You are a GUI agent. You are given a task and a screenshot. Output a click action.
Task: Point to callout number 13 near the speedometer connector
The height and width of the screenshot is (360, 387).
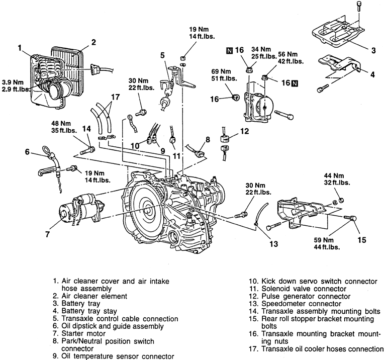click(x=272, y=244)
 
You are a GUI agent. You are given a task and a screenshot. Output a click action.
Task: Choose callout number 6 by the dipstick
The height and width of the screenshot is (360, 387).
click(x=28, y=151)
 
